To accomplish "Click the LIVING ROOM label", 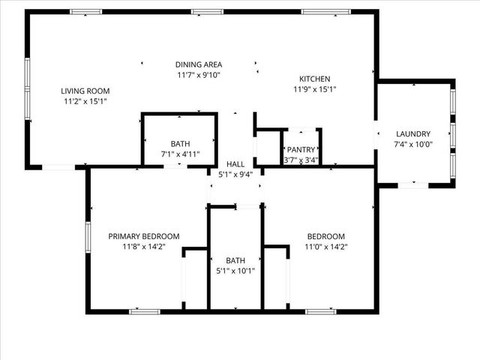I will pos(84,91).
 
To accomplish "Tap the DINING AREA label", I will pos(199,64).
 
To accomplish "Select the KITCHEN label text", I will pos(315,79).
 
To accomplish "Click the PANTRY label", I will pos(301,149).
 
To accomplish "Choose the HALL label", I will pos(235,164).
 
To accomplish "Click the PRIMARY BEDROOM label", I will pos(144,235).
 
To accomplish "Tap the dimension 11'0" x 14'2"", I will pos(325,246).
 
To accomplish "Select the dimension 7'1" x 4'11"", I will pos(180,154).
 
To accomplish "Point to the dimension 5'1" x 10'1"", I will pos(235,271).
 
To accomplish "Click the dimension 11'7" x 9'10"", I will pos(199,75).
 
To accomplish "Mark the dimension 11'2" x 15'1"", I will pos(84,101).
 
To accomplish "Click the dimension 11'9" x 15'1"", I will pos(315,89).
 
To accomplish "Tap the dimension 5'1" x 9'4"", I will pos(235,175).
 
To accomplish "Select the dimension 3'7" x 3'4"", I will pos(301,160).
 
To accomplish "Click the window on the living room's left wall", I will pos(28,88).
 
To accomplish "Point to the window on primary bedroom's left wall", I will pos(88,239).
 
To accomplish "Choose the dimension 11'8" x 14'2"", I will pos(144,246).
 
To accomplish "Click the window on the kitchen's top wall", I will pos(325,11).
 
